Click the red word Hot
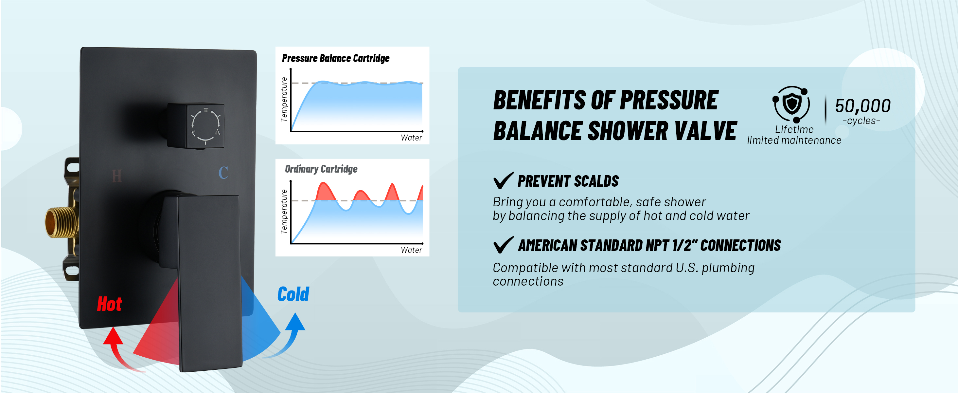click(x=109, y=304)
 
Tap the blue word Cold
click(x=293, y=294)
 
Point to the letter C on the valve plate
click(x=223, y=173)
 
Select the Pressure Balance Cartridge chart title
click(x=335, y=58)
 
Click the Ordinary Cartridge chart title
click(x=321, y=169)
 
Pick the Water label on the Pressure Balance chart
click(x=411, y=138)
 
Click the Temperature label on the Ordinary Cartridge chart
click(x=284, y=211)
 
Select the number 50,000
click(x=862, y=106)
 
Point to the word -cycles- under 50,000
click(x=861, y=121)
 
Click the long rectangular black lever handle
click(x=208, y=283)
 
